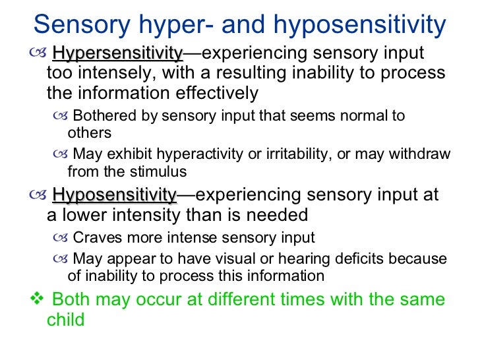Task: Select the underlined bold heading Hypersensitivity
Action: (x=117, y=53)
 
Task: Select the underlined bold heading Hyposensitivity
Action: (x=115, y=195)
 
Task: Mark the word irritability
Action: (x=282, y=155)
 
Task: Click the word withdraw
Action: (x=419, y=155)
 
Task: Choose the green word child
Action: (x=67, y=320)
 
